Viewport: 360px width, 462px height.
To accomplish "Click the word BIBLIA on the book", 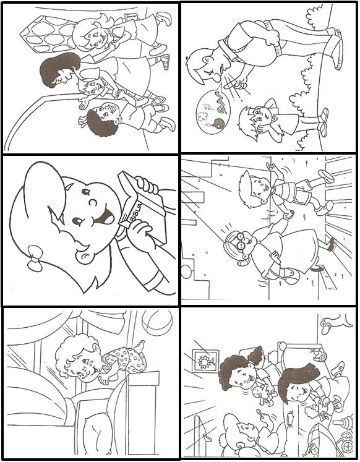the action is click(x=137, y=211).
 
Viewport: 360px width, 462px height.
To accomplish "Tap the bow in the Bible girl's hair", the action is click(x=35, y=258).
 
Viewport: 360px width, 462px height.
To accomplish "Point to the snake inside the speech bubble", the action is click(x=220, y=103).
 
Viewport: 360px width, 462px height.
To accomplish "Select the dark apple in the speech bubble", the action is click(x=218, y=123).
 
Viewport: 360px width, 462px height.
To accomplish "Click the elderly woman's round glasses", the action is click(x=242, y=240).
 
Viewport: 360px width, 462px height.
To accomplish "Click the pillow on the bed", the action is click(x=96, y=434).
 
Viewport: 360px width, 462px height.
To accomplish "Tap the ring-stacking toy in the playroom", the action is click(x=344, y=424).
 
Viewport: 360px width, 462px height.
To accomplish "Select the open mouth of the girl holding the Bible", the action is click(x=106, y=217).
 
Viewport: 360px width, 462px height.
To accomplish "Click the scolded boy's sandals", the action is click(x=323, y=122).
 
